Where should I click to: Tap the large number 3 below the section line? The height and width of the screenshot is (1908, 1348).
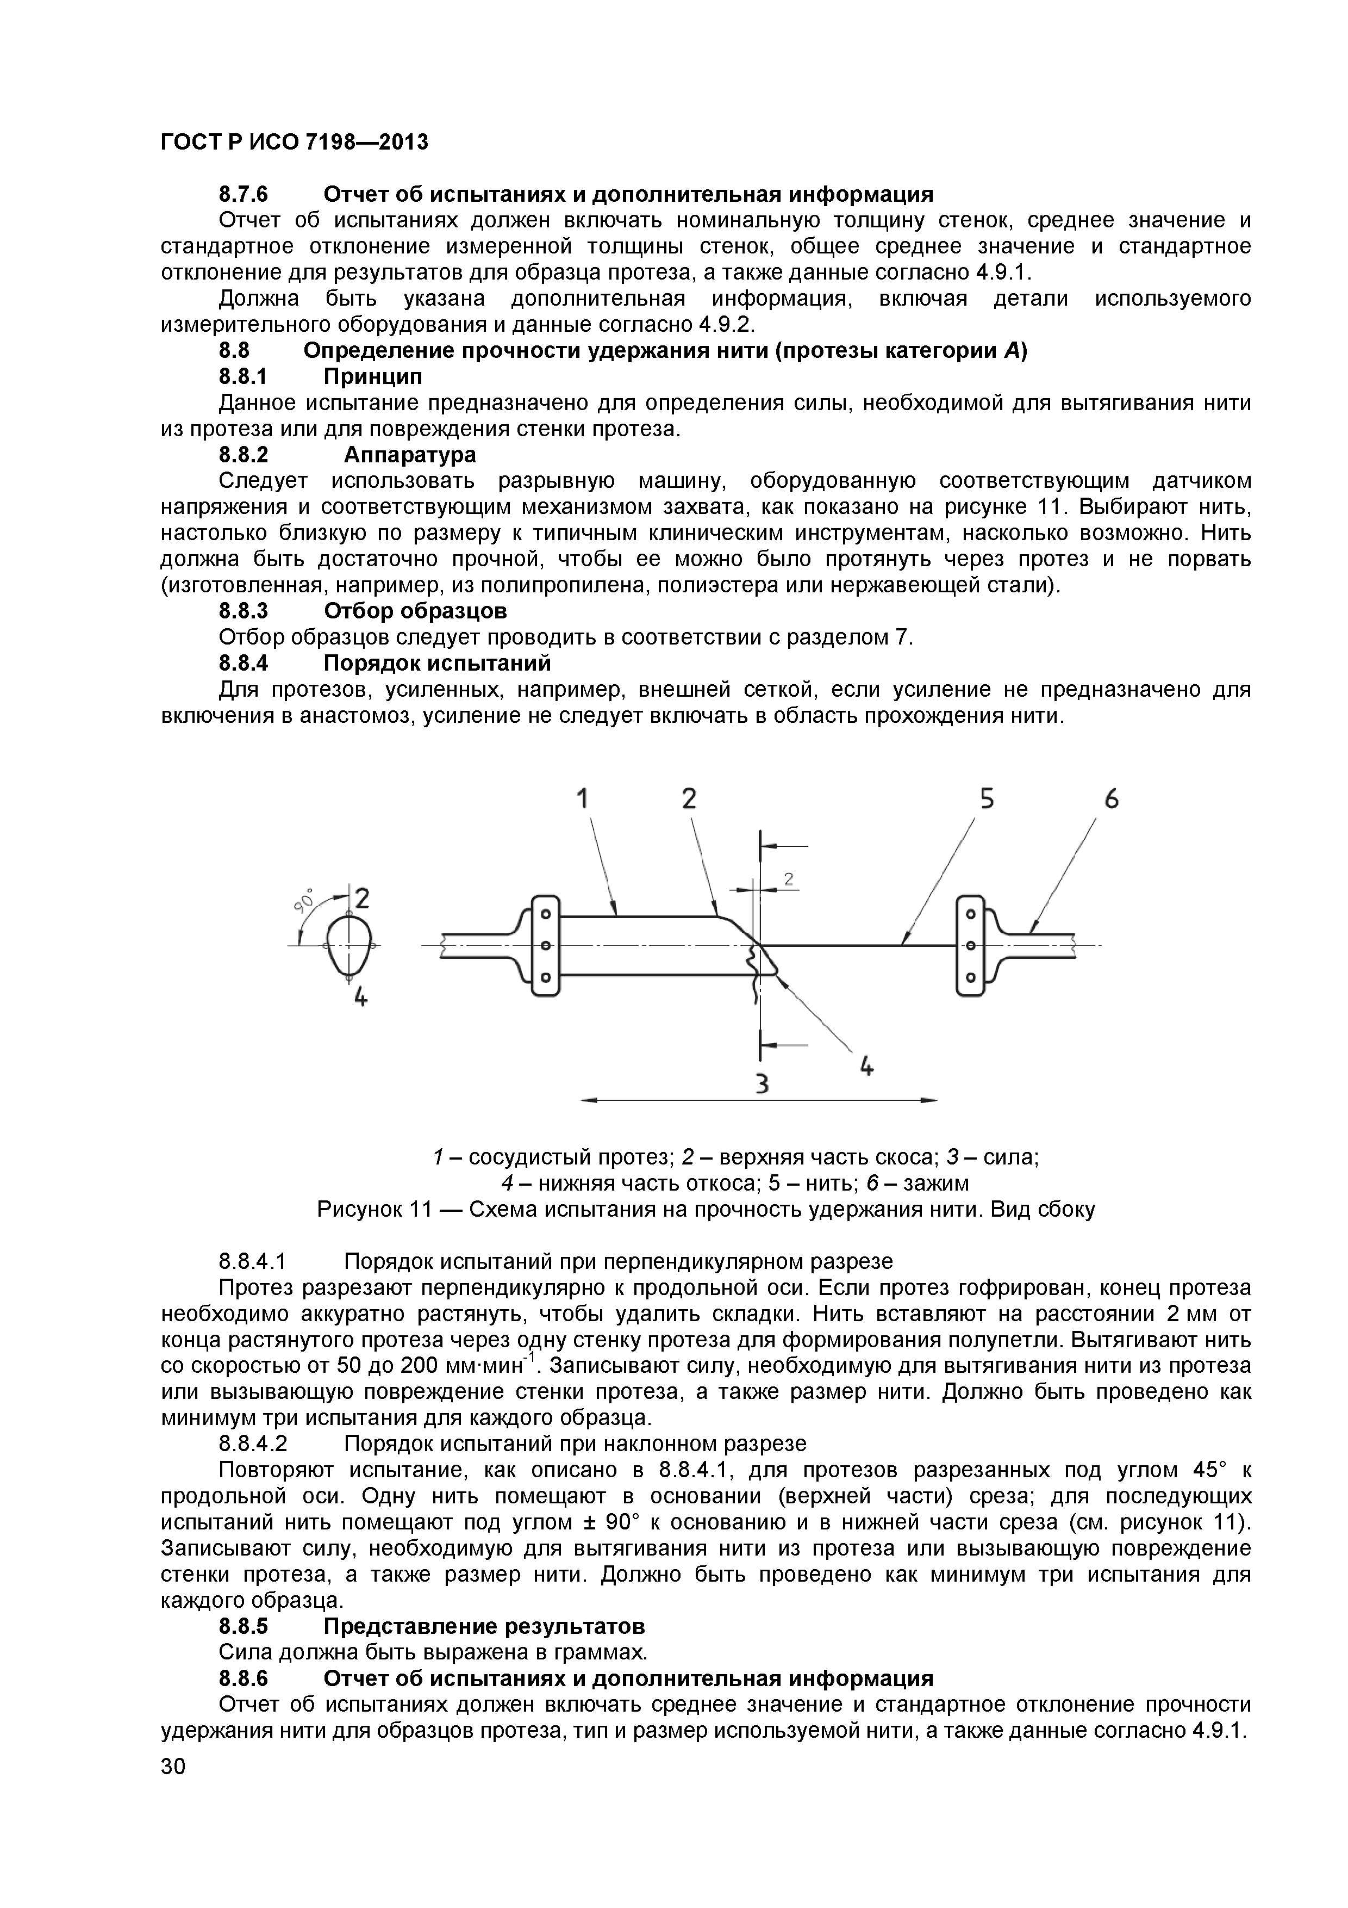pyautogui.click(x=761, y=1083)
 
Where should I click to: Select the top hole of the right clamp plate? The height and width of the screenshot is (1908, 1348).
pyautogui.click(x=969, y=914)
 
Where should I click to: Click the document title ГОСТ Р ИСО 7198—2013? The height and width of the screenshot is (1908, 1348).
pyautogui.click(x=294, y=142)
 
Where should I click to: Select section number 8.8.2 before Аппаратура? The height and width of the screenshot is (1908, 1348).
pyautogui.click(x=244, y=455)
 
